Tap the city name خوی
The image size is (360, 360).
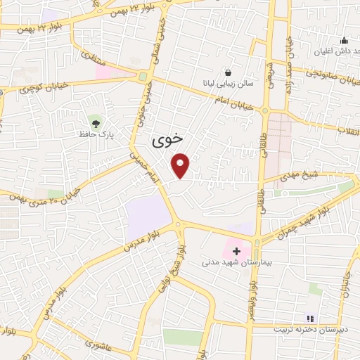[x=167, y=140]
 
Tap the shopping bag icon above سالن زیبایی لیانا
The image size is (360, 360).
[x=228, y=72]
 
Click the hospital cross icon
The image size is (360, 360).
[x=236, y=250]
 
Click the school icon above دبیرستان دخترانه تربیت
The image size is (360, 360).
[x=311, y=319]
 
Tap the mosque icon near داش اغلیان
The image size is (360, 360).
[x=343, y=40]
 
